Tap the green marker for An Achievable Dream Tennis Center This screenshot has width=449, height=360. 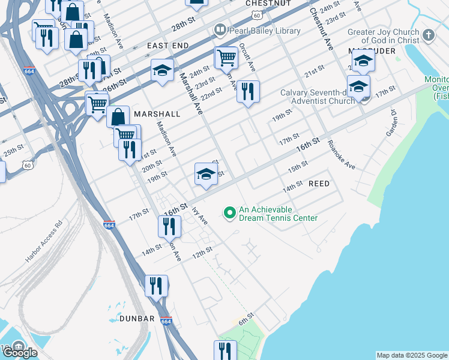tap(229, 212)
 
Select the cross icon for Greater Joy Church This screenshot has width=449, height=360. tap(428, 35)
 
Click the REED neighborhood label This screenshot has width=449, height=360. tap(319, 184)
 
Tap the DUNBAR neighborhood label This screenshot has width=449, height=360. tap(137, 319)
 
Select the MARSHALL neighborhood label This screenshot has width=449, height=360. tap(157, 113)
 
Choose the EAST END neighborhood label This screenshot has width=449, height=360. tap(167, 46)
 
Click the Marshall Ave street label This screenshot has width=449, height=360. tap(190, 93)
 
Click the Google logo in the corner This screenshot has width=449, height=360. tap(20, 353)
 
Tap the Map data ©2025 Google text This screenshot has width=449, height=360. tap(412, 355)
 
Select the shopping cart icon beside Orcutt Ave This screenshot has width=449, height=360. tap(226, 58)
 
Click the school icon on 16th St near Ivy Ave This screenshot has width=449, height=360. tap(205, 174)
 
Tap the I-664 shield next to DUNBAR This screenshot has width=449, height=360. tap(166, 321)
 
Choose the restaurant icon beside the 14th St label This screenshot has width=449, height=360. tap(170, 226)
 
